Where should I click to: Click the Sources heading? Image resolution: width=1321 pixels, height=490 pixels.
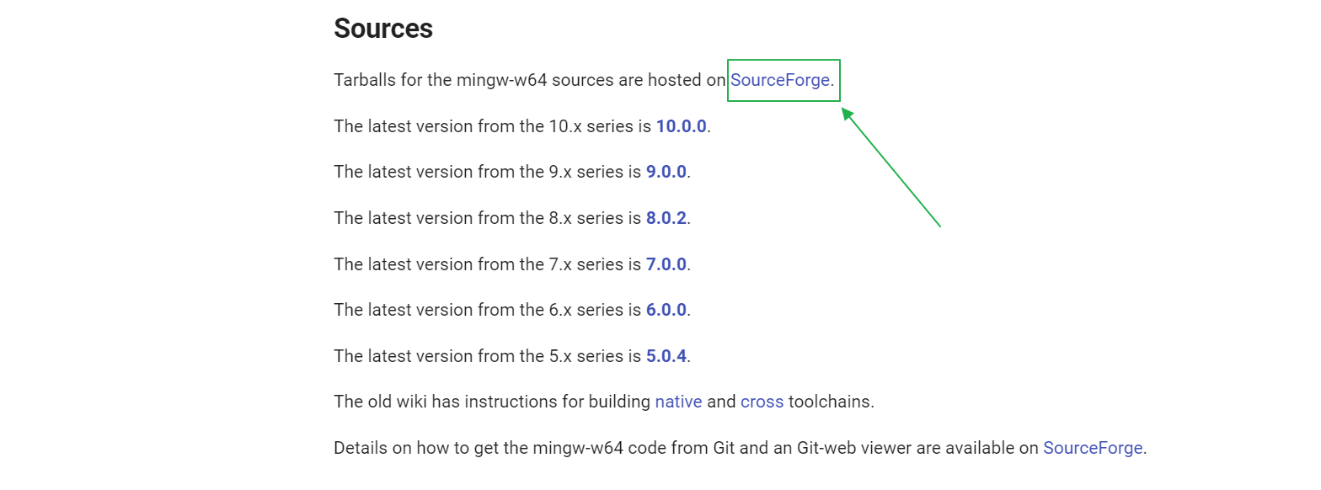383,29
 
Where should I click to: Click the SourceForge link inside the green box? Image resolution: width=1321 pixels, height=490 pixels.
780,81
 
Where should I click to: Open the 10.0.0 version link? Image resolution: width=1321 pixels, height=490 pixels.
681,126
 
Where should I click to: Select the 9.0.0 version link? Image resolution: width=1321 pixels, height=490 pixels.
666,172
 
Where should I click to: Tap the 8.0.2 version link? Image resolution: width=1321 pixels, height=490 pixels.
666,218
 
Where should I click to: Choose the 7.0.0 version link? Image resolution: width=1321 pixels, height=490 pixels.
666,264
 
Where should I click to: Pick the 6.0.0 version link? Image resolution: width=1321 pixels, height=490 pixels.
666,310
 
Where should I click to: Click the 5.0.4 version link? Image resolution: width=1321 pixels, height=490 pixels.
666,356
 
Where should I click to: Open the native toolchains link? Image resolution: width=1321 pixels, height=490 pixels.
678,402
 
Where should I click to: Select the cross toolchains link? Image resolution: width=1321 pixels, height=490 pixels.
762,402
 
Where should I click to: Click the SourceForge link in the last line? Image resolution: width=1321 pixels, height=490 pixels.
1093,448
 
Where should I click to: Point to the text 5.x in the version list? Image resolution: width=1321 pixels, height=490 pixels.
560,356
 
